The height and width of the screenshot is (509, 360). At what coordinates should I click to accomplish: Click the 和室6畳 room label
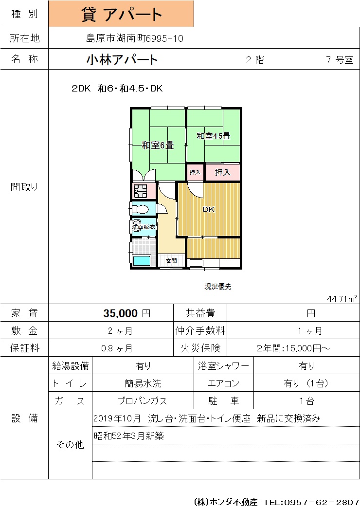pos(158,145)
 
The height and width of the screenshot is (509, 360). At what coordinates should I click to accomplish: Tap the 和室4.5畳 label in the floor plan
pos(213,136)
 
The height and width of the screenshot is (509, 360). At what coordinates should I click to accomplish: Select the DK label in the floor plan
pos(208,209)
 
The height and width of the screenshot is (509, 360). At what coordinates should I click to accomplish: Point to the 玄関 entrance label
pos(171,261)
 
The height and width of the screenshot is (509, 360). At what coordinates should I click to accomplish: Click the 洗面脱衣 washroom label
pos(144,227)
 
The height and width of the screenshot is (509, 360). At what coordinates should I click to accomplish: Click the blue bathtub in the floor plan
pos(142,261)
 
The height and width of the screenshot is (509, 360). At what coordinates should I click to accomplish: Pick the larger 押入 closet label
pos(223,172)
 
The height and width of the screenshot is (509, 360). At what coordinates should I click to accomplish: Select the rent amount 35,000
pos(121,313)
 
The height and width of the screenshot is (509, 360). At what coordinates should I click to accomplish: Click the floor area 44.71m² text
pos(342,299)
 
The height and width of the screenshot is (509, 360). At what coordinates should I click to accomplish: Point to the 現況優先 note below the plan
pos(218,286)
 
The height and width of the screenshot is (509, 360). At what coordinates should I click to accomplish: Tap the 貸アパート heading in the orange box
pos(122,14)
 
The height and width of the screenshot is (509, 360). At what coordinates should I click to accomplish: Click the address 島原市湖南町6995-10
pos(135,38)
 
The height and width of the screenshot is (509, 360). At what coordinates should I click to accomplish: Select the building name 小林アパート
pos(122,59)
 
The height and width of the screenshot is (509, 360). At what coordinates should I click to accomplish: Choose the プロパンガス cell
pos(143,400)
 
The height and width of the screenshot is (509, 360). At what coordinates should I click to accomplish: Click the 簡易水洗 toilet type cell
pos(143,383)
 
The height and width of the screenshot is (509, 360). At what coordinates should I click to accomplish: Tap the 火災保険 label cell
pos(200,348)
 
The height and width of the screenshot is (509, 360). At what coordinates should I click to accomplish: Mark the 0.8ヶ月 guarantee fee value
pos(117,348)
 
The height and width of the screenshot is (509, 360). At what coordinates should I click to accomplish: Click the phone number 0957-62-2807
pos(322,502)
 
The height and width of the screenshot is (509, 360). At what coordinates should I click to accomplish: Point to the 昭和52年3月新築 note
pos(129,436)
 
